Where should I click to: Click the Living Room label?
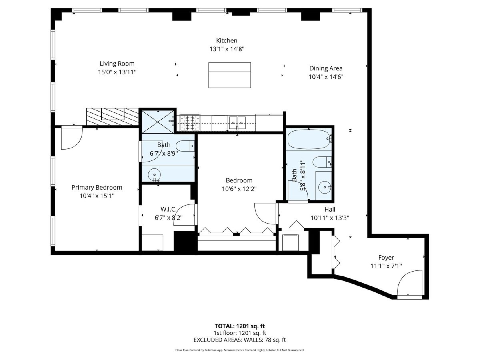[117, 64]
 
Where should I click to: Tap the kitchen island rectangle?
[230, 75]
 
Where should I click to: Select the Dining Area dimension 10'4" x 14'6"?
[326, 77]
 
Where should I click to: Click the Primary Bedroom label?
[97, 187]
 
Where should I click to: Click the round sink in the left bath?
[154, 175]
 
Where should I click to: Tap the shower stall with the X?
[158, 122]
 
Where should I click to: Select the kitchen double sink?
[237, 123]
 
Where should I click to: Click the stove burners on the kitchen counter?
[190, 123]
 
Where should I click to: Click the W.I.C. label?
[168, 209]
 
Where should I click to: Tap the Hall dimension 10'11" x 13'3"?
[330, 218]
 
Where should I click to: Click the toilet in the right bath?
[322, 162]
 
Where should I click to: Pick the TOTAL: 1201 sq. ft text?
[240, 326]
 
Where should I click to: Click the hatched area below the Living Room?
[112, 117]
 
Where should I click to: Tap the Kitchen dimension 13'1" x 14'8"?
[227, 49]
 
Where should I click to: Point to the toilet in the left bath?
[185, 146]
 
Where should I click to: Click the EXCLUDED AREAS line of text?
[240, 340]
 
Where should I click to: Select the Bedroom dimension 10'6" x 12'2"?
[239, 189]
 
